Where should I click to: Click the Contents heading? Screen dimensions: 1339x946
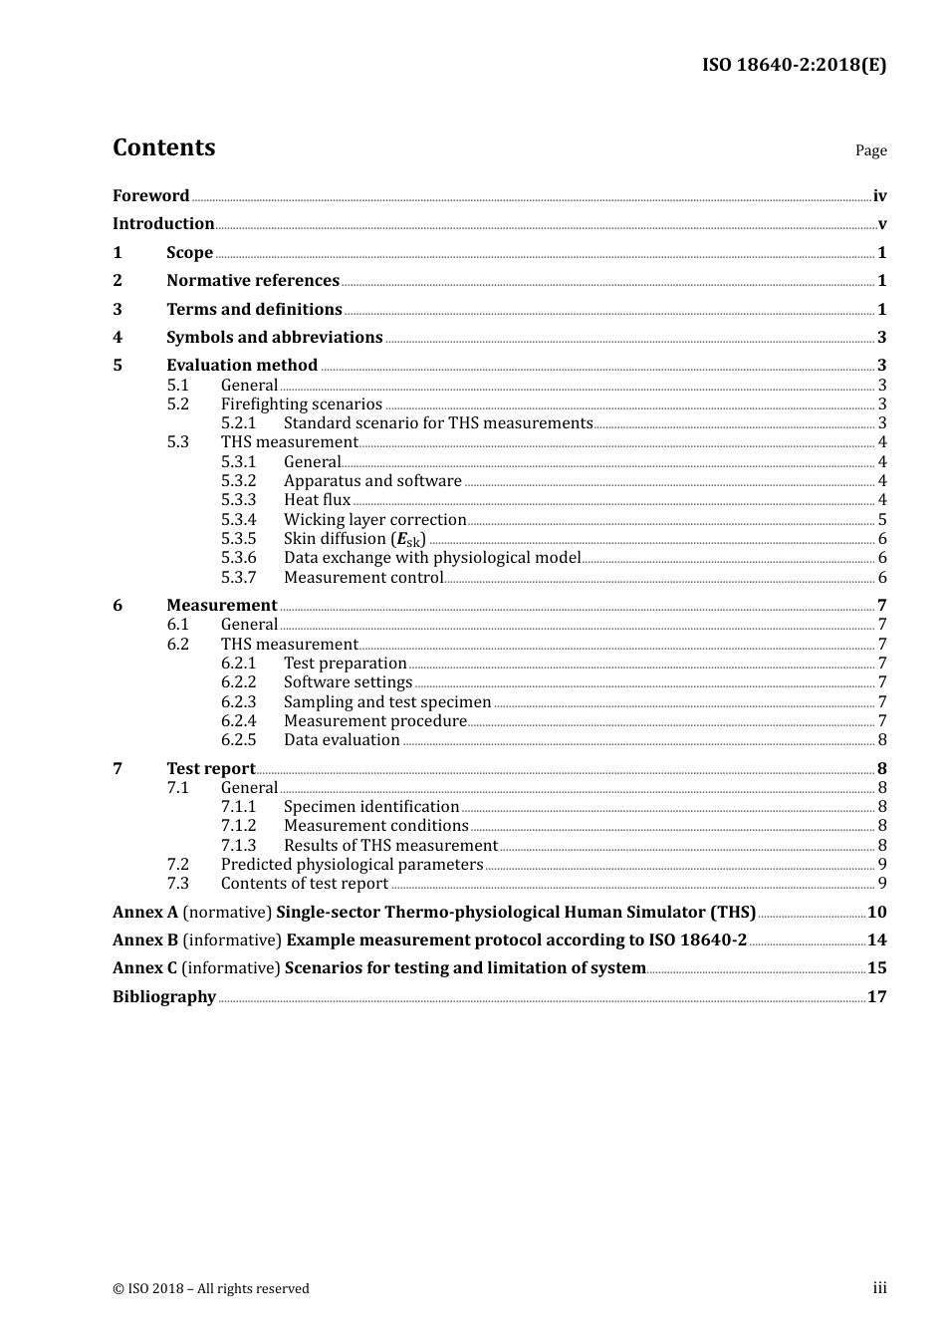pyautogui.click(x=163, y=147)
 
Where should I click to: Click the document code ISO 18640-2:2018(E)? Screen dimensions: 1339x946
pyautogui.click(x=794, y=65)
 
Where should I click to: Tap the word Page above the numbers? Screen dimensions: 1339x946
pyautogui.click(x=870, y=150)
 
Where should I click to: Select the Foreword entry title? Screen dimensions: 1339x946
pyautogui.click(x=150, y=195)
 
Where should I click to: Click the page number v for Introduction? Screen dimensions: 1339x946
pyautogui.click(x=881, y=224)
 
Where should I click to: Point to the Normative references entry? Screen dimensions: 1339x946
pyautogui.click(x=253, y=281)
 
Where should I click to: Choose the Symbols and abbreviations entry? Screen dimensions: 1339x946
pyautogui.click(x=274, y=337)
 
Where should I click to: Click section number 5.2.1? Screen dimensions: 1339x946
pyautogui.click(x=238, y=423)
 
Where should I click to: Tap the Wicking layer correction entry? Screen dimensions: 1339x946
pyautogui.click(x=374, y=519)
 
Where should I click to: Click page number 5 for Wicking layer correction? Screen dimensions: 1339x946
pyautogui.click(x=882, y=519)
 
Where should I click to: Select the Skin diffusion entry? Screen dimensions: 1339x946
pyautogui.click(x=355, y=539)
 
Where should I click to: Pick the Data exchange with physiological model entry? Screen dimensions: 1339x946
pyautogui.click(x=432, y=558)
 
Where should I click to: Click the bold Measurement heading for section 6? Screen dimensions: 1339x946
pyautogui.click(x=221, y=605)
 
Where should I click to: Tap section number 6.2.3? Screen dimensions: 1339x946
pyautogui.click(x=238, y=701)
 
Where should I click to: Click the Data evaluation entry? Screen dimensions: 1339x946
pyautogui.click(x=342, y=740)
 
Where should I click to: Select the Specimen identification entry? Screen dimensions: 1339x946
pyautogui.click(x=371, y=807)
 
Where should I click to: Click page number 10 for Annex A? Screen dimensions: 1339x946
pyautogui.click(x=876, y=912)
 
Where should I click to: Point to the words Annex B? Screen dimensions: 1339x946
pyautogui.click(x=145, y=939)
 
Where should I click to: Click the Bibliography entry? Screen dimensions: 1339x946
pyautogui.click(x=164, y=996)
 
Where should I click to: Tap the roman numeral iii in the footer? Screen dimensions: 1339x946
pyautogui.click(x=879, y=1288)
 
